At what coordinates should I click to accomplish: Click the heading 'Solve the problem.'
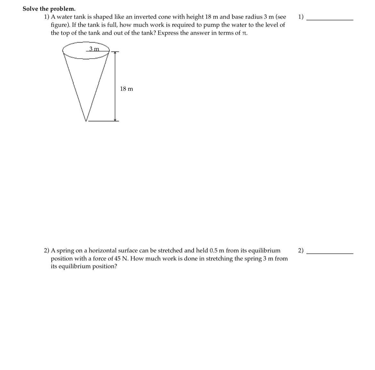45,9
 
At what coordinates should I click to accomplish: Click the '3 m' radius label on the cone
94,49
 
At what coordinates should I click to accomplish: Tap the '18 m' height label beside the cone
126,89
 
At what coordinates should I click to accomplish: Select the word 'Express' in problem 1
168,33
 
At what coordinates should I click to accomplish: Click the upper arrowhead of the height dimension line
115,53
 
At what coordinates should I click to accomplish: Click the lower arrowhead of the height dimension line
115,120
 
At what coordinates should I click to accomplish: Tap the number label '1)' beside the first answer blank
301,17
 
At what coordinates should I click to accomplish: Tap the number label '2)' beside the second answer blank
301,250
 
